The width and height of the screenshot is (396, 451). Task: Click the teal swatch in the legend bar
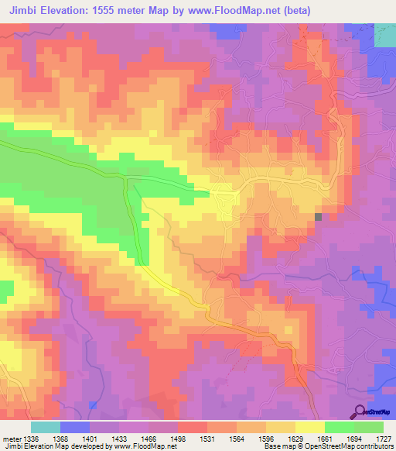[x=46, y=427]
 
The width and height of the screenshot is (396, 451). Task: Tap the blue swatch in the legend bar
[x=75, y=427]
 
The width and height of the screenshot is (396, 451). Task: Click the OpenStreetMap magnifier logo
[x=360, y=411]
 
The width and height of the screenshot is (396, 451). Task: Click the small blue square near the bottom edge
[x=93, y=405]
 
